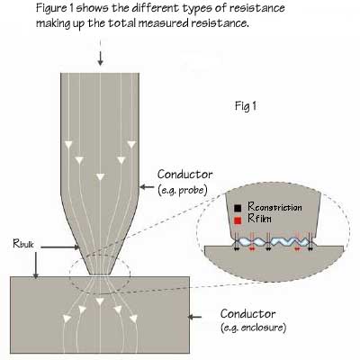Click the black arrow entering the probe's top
[100, 58]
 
